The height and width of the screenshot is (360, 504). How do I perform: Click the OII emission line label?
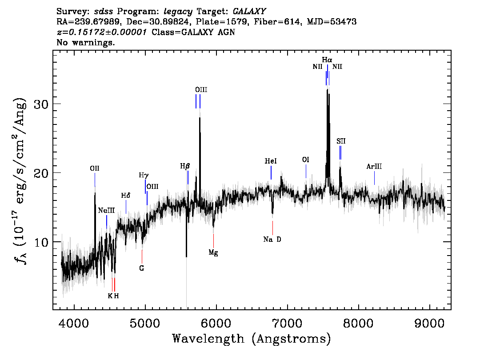click(95, 168)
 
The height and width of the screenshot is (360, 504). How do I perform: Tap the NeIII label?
click(106, 211)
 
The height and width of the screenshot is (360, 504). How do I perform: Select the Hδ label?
click(126, 196)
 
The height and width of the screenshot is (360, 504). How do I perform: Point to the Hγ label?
click(144, 175)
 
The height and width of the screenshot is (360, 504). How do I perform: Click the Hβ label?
click(185, 166)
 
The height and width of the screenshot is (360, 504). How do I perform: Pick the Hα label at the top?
click(327, 60)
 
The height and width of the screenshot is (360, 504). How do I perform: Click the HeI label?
click(271, 161)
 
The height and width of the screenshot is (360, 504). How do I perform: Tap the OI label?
click(306, 160)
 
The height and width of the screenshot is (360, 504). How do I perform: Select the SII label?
click(341, 141)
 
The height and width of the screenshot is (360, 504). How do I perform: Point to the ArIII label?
click(374, 167)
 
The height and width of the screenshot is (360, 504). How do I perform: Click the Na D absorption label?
click(272, 240)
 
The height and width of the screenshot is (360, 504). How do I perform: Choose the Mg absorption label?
click(213, 252)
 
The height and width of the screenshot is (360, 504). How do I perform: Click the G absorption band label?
click(142, 268)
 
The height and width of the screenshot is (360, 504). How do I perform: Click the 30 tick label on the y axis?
click(41, 104)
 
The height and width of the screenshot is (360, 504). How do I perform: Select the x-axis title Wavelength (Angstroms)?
click(252, 339)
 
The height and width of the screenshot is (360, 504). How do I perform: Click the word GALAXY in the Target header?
click(249, 12)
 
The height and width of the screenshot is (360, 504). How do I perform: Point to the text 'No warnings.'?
click(85, 42)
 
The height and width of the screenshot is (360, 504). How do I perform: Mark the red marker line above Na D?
click(272, 228)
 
